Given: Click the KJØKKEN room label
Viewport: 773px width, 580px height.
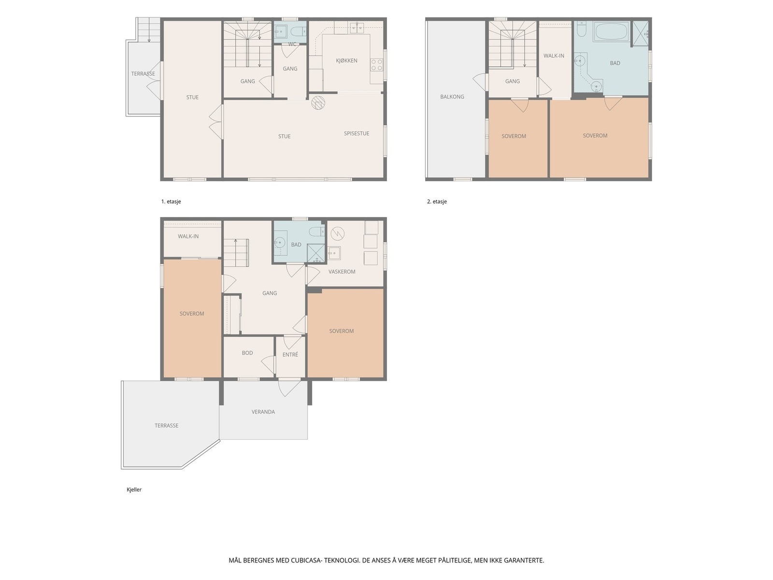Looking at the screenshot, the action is tap(346, 60).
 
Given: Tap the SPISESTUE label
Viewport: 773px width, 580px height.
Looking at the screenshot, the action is tap(357, 133).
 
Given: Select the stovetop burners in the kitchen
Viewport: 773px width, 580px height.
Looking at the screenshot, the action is tap(376, 65).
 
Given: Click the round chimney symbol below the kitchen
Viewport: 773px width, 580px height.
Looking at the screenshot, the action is tap(318, 102).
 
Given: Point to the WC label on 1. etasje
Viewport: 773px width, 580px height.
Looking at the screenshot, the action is tap(292, 44).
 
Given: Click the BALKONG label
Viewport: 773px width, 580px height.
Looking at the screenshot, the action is tap(452, 97).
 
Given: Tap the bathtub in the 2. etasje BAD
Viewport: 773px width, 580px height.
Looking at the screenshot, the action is tap(612, 32).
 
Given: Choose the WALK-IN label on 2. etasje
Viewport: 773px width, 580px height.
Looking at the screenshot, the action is tap(554, 56).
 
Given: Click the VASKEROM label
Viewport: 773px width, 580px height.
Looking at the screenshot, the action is tap(342, 272).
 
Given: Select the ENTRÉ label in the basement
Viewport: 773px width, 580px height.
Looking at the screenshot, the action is tap(290, 354).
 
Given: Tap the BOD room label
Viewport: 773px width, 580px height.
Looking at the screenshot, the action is tap(247, 352).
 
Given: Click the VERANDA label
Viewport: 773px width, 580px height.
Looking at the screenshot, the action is tap(263, 411).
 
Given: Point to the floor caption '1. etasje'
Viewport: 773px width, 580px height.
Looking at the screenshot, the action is tap(171, 202).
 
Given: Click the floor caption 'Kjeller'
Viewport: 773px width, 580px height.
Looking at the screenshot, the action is tap(134, 489).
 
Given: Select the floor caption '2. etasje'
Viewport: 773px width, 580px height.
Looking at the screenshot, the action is tap(437, 202).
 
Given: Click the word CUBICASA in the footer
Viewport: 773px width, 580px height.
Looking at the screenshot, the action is tap(306, 560).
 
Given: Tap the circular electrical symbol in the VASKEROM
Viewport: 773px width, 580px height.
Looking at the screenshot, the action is tap(337, 233).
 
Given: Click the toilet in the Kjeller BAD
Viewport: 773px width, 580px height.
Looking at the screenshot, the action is tap(316, 232).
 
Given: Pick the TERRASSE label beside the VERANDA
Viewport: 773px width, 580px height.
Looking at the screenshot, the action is tap(166, 425).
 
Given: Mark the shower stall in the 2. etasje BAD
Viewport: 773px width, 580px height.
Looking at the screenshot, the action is tap(640, 34).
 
